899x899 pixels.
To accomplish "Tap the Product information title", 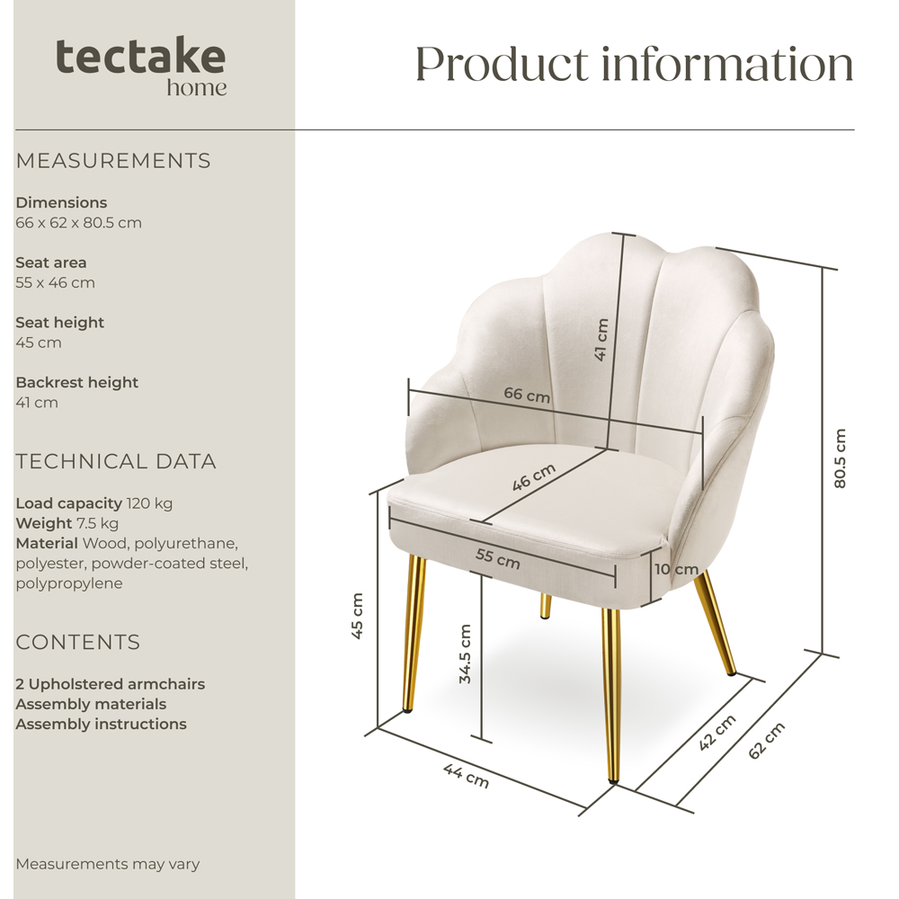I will [x=634, y=64].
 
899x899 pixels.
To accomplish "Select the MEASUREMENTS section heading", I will [x=113, y=161].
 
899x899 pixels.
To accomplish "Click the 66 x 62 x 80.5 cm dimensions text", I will [x=78, y=223].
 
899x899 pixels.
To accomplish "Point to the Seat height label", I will [x=59, y=323].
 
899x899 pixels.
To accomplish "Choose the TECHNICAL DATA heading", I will [x=116, y=462].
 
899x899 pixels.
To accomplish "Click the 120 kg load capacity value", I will [x=149, y=503].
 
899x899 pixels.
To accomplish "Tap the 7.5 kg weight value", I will [x=97, y=523].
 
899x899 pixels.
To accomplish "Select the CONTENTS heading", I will [x=78, y=643].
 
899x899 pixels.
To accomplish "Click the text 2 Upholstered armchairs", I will [x=110, y=684].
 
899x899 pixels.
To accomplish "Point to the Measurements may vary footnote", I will [x=107, y=865].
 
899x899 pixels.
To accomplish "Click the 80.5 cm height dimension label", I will [x=840, y=458].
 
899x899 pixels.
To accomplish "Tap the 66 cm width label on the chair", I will [x=527, y=394].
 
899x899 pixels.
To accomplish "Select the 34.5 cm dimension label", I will [x=465, y=654].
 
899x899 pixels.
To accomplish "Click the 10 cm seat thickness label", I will [x=675, y=569].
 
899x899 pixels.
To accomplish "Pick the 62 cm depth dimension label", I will [x=766, y=740].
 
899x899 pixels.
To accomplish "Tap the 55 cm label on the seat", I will [x=497, y=558].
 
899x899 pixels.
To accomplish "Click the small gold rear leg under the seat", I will [x=546, y=606].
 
